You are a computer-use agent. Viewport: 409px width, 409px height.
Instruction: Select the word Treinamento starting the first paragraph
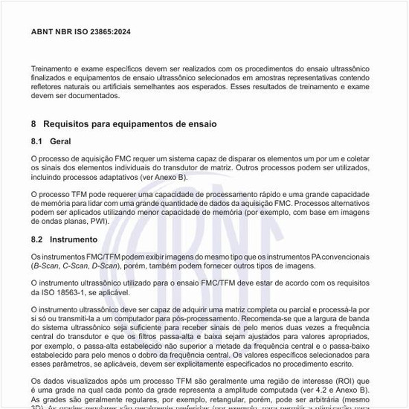click(x=54, y=68)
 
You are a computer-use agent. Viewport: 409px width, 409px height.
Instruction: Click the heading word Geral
click(x=60, y=141)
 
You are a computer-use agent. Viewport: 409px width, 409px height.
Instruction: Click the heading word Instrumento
click(x=74, y=239)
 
